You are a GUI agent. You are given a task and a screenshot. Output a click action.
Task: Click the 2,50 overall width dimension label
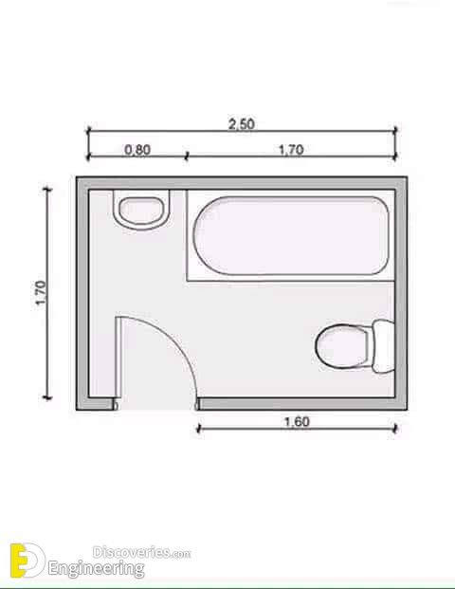[x=242, y=123]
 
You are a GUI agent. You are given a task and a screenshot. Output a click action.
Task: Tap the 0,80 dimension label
[x=137, y=149]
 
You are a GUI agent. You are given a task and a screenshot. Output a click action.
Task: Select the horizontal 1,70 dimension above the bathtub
[x=291, y=149]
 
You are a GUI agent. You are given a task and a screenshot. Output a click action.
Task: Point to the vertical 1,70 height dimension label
[x=39, y=294]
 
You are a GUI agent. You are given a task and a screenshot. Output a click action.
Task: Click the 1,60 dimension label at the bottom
[x=297, y=421]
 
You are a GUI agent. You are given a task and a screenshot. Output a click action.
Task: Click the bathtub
[x=291, y=235]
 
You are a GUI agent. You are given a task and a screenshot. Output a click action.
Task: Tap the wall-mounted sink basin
[x=141, y=209]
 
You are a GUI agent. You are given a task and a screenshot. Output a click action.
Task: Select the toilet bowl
[x=339, y=346]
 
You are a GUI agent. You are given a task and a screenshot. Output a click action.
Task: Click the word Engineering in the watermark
[x=103, y=569]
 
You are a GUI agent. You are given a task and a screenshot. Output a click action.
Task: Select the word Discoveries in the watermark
[x=130, y=550]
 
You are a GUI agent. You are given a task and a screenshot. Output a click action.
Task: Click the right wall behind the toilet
[x=403, y=285]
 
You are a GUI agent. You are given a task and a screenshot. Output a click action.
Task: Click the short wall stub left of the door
[x=98, y=403]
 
